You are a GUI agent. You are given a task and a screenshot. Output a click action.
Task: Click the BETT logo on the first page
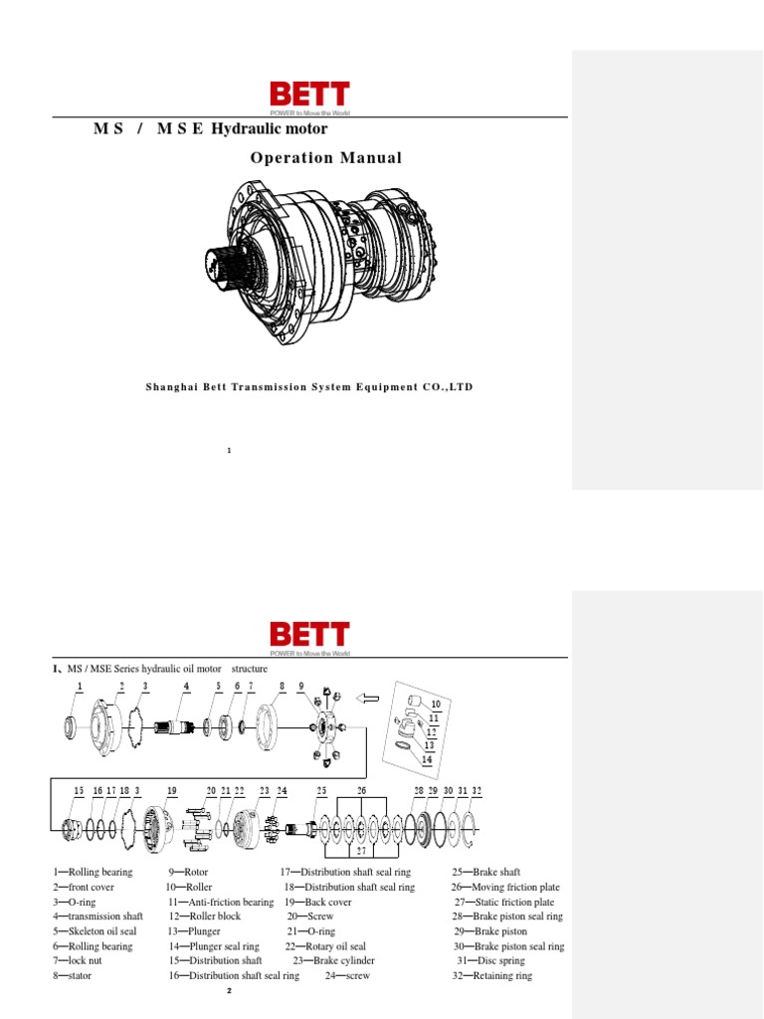[x=309, y=95]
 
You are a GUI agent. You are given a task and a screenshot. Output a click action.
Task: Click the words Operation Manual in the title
[x=326, y=158]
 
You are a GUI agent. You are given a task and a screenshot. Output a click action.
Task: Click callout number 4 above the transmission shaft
[x=186, y=687]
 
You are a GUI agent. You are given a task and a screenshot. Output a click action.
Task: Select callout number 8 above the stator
[x=282, y=687]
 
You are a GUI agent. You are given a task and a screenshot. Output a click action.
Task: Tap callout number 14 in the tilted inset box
[x=428, y=759]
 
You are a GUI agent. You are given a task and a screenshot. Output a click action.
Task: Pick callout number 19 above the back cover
[x=172, y=790]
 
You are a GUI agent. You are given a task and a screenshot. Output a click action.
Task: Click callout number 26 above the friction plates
[x=361, y=790]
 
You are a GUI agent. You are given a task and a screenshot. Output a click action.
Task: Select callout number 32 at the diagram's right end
[x=477, y=790]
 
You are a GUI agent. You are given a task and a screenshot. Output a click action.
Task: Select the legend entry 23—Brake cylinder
[x=334, y=960]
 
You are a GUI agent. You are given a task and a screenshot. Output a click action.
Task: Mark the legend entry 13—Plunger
[x=195, y=931]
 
